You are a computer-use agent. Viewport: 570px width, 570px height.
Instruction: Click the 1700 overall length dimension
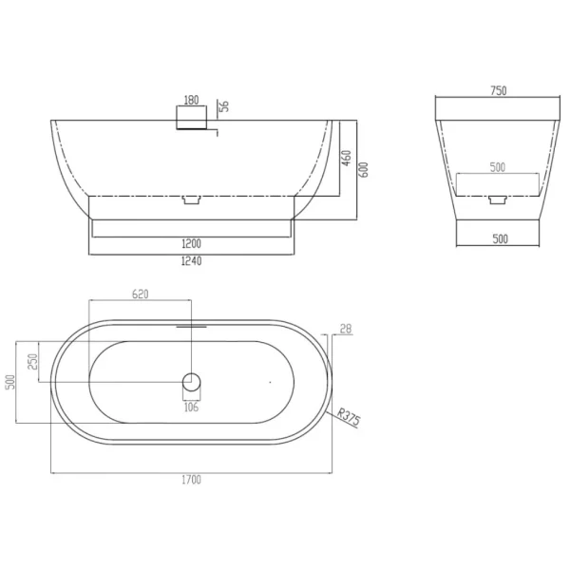[191, 480]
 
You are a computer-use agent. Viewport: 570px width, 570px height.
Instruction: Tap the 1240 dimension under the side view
[191, 261]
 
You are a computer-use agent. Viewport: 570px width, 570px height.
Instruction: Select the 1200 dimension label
[191, 243]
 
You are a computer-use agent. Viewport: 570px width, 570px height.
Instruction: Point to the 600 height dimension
[364, 170]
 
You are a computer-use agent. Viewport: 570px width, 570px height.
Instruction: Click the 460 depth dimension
[347, 158]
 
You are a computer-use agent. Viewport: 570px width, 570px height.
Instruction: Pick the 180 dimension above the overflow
[192, 100]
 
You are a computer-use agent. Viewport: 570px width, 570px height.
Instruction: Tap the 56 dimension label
[224, 106]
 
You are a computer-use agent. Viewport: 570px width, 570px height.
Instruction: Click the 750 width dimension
[499, 90]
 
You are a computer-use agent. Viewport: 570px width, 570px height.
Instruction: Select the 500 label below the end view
[501, 238]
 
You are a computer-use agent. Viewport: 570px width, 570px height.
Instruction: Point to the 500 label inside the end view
[498, 167]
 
